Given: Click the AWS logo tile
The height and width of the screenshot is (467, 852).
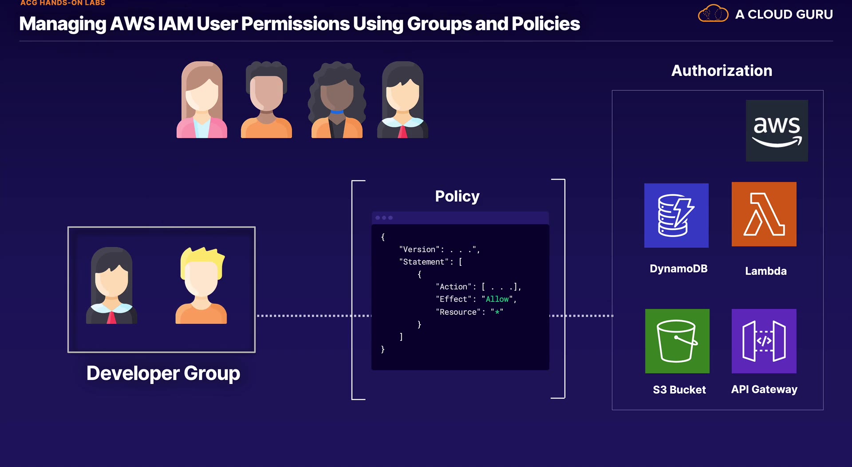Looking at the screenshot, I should coord(777,131).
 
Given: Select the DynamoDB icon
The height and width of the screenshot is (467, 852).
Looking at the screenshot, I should coord(676,215).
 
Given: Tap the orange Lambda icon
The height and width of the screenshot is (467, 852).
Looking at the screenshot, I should coord(764,214).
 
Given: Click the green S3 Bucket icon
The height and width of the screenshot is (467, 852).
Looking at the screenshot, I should coord(677,341).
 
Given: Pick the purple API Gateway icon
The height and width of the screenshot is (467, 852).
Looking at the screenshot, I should coord(764,341).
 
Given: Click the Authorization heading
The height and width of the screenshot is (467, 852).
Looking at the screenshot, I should coord(722,71).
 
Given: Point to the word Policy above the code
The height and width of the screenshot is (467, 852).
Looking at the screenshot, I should coord(457,196).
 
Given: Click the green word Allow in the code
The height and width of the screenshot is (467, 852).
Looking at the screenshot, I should coord(497,299).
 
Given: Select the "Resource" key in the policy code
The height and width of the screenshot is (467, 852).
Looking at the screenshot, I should coord(458,312).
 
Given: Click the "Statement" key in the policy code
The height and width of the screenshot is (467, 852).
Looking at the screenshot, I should coord(423,262).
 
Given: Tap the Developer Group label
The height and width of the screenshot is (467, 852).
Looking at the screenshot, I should coord(163,373).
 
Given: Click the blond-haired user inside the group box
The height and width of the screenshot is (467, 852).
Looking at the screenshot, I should coord(201,285).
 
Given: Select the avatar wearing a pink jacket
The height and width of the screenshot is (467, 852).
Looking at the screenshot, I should coord(202,100).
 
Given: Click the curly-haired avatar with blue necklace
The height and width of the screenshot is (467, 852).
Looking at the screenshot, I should coord(337,100).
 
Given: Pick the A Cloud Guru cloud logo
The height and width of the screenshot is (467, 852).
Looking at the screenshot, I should coord(713,14).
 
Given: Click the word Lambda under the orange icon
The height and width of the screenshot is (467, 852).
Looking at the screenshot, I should coord(765,271).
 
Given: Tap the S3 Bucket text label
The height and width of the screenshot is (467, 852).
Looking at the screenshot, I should coord(679,390).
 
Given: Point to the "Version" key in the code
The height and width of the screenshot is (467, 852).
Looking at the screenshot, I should coord(419,249).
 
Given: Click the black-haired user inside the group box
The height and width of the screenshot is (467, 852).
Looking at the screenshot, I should coord(111,285).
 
